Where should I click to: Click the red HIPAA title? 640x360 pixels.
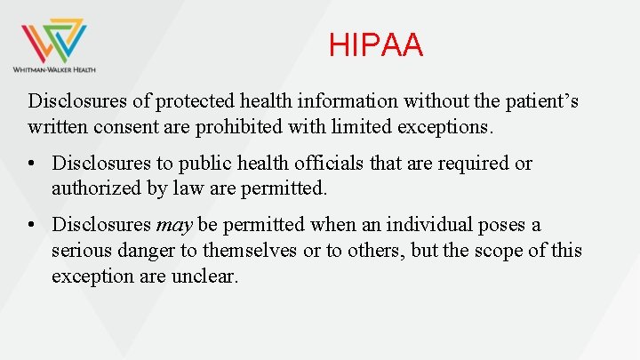(376, 45)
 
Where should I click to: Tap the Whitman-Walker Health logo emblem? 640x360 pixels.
(54, 40)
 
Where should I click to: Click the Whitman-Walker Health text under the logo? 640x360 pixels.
(54, 68)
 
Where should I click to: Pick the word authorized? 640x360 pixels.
(95, 188)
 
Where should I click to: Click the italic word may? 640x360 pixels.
(174, 226)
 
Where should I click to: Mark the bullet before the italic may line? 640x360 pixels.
(33, 226)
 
